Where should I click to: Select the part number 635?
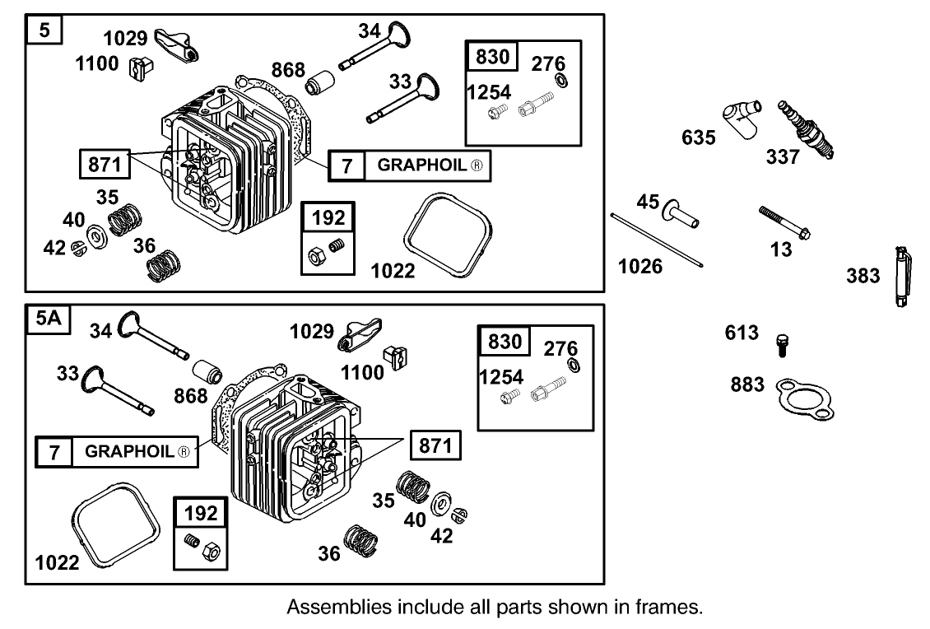click(698, 137)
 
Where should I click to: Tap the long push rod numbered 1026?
click(658, 240)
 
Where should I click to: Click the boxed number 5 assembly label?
click(44, 31)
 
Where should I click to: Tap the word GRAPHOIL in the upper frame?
click(423, 165)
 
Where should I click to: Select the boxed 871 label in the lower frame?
click(435, 446)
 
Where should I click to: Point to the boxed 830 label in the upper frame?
click(493, 58)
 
